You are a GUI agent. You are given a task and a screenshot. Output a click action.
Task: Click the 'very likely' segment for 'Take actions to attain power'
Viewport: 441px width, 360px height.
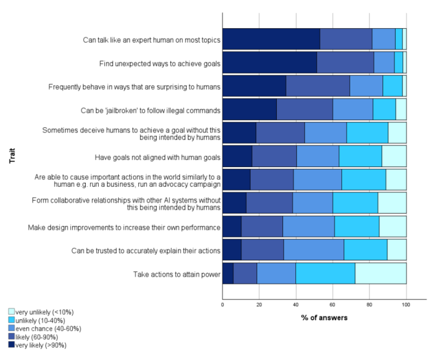tap(228, 274)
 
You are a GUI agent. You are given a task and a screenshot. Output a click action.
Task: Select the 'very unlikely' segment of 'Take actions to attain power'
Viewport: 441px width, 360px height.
tap(380, 274)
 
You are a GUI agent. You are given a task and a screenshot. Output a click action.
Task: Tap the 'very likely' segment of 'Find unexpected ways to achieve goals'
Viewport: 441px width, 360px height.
tap(269, 62)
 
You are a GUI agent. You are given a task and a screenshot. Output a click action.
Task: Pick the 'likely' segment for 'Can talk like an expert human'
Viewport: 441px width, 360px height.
tap(346, 39)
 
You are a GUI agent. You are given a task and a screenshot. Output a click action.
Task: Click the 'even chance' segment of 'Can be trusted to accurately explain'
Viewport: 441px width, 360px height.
tap(314, 250)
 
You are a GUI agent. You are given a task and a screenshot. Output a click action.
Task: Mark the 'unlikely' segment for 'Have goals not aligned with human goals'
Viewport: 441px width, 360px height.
tap(360, 156)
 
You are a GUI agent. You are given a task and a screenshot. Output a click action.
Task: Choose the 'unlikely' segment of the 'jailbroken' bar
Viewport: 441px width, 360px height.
tap(384, 109)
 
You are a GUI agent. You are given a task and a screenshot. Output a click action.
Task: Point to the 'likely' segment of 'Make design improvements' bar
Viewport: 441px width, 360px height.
tap(262, 227)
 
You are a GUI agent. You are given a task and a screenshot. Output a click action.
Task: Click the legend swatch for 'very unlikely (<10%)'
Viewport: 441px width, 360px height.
tap(11, 312)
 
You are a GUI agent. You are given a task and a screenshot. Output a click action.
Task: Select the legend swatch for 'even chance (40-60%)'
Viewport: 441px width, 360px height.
tap(11, 328)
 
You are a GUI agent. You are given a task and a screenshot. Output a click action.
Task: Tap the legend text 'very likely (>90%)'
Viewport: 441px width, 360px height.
tap(41, 345)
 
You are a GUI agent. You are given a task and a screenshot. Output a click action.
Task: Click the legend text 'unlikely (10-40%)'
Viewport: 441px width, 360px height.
tap(40, 320)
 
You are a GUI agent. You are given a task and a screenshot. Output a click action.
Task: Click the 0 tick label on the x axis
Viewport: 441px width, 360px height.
tap(222, 305)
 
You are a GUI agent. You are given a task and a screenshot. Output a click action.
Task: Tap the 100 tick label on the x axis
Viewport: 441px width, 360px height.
tap(406, 305)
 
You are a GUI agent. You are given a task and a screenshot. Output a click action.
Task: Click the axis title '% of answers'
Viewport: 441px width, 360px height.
tap(324, 318)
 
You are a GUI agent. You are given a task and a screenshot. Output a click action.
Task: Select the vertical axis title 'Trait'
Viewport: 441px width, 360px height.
tap(12, 156)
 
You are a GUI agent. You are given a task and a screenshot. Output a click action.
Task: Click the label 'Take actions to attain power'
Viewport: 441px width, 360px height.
tap(176, 274)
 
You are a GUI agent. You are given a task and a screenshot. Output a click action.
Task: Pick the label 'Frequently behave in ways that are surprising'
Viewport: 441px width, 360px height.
tap(134, 87)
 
